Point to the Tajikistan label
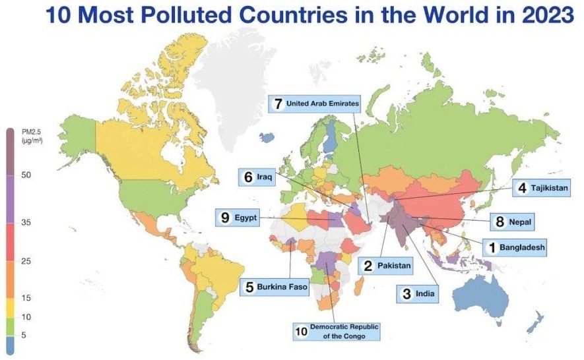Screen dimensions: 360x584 [541, 188]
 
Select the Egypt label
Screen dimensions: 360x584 [236, 218]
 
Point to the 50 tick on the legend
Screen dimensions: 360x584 [26, 175]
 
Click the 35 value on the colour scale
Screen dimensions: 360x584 [26, 223]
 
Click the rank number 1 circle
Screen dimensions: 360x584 [491, 248]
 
